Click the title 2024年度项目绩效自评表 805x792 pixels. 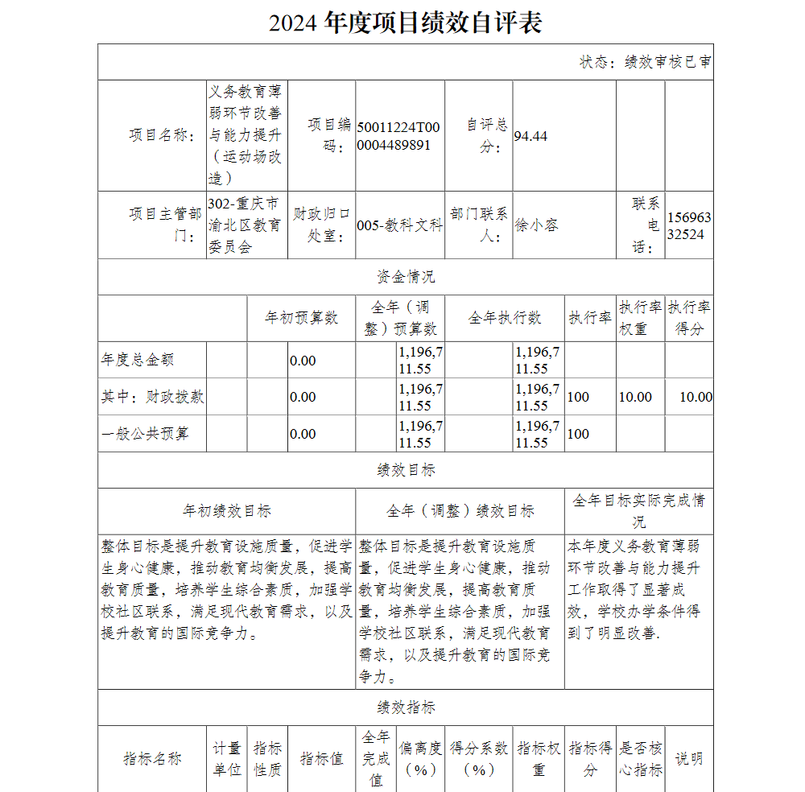tap(405, 23)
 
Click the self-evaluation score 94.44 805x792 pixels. tap(530, 136)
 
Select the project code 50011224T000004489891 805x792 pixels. tap(398, 136)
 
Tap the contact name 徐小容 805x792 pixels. tap(536, 225)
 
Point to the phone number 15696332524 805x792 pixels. tap(688, 225)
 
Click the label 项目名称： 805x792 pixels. tap(162, 135)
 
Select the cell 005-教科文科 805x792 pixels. tap(399, 225)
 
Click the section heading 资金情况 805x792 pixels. tap(405, 277)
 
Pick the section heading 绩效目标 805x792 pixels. tap(405, 470)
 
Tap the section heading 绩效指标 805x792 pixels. tap(405, 707)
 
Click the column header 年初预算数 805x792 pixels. tap(301, 318)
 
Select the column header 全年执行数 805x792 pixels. tap(505, 318)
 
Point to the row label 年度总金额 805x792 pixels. tap(138, 360)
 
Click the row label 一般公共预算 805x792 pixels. tap(145, 434)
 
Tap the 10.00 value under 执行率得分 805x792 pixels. tap(696, 397)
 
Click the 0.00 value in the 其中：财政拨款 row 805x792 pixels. tap(303, 397)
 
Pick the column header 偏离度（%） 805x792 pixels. tap(420, 758)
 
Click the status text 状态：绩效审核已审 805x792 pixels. tap(645, 62)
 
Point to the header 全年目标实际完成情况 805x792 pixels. tap(638, 510)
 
